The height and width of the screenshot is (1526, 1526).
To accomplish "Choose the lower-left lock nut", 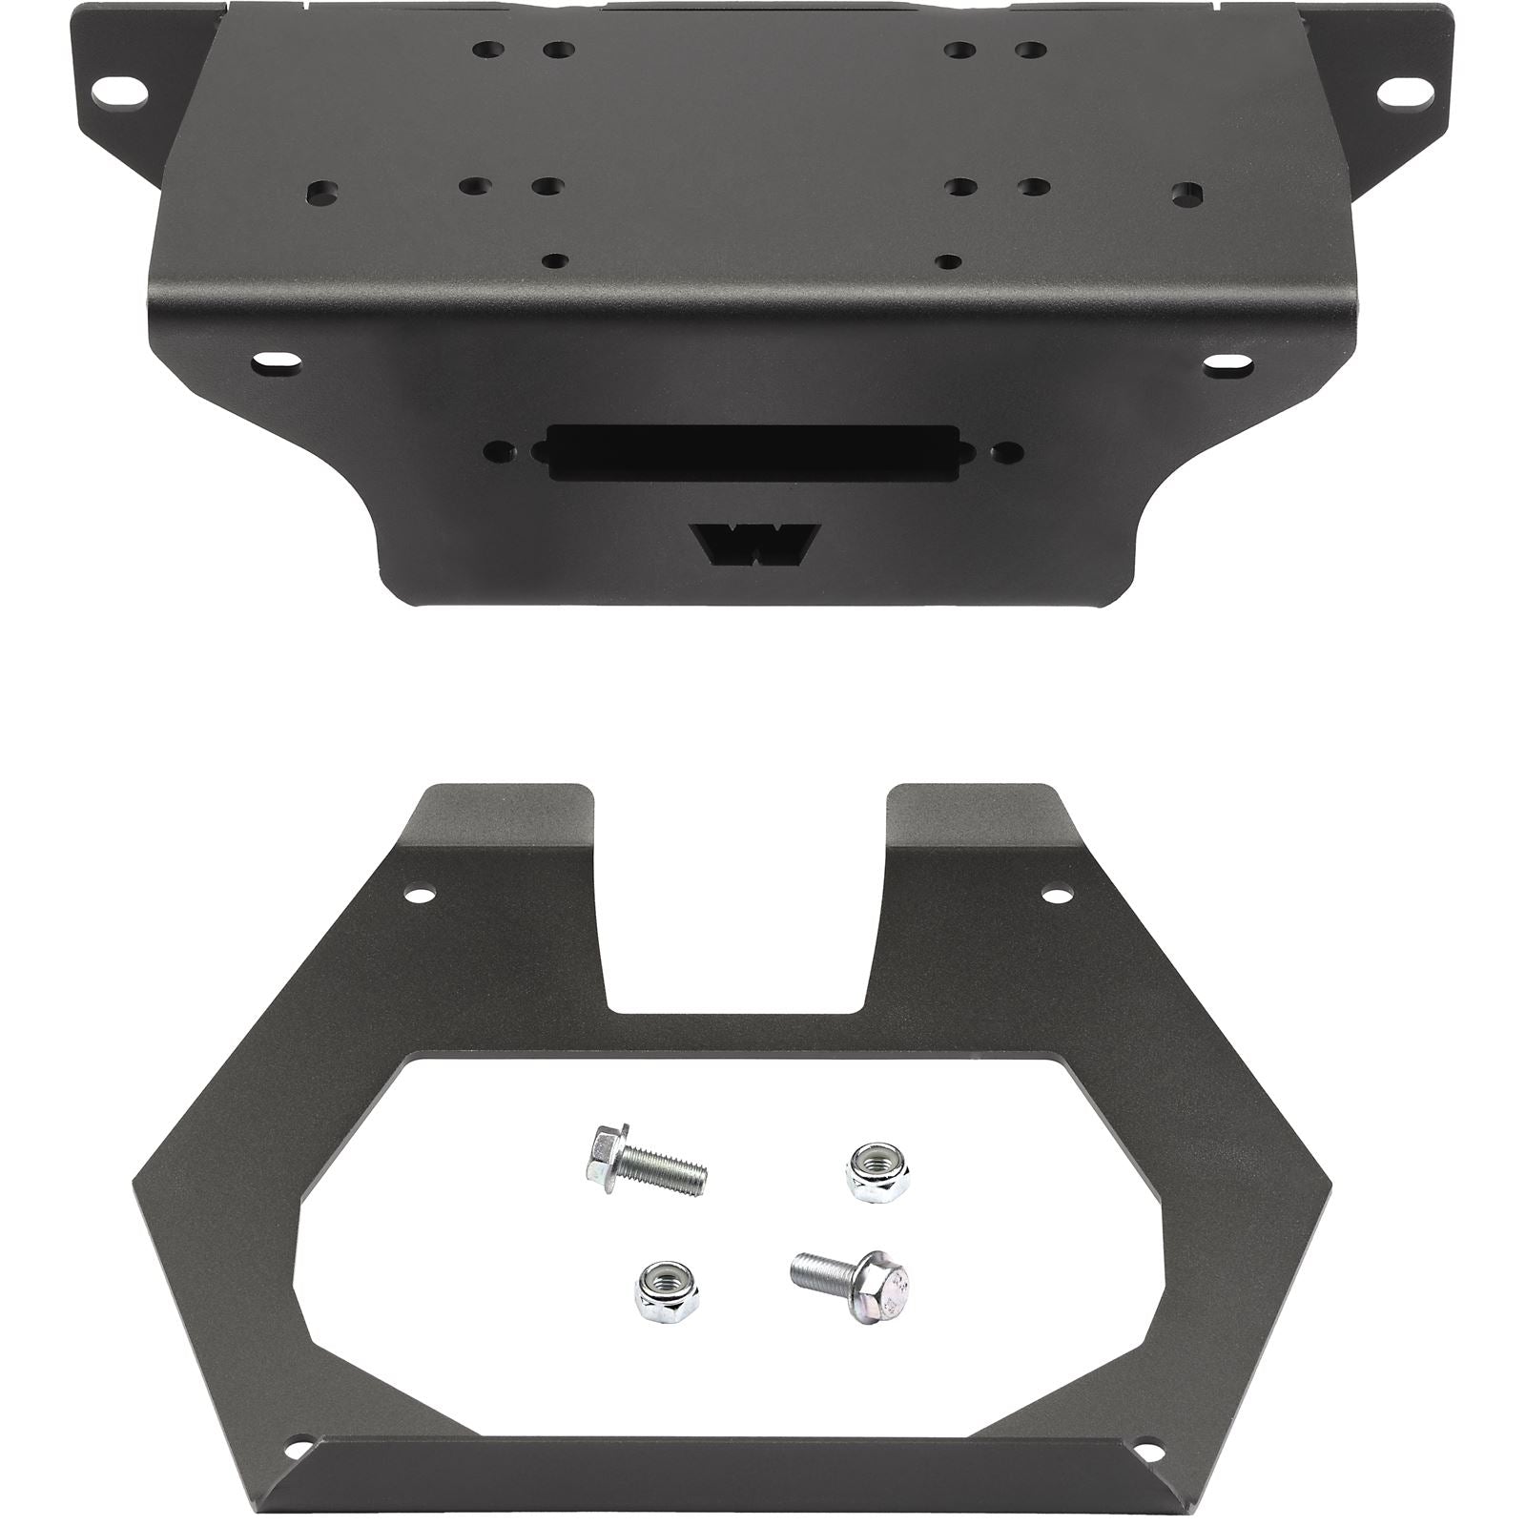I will click(663, 1289).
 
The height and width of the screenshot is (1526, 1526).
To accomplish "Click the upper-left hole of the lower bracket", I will click(416, 896).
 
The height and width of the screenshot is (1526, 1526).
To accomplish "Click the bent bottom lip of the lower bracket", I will click(739, 1474).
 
